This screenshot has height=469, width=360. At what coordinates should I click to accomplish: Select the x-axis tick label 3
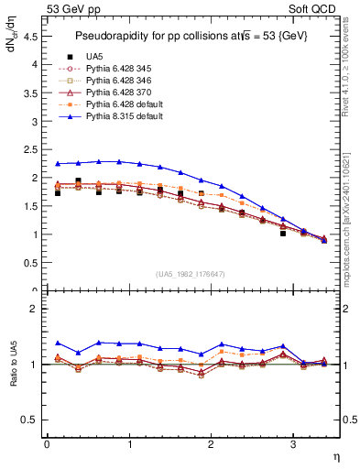(x=293, y=444)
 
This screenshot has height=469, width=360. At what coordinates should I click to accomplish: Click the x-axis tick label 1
(x=129, y=444)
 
